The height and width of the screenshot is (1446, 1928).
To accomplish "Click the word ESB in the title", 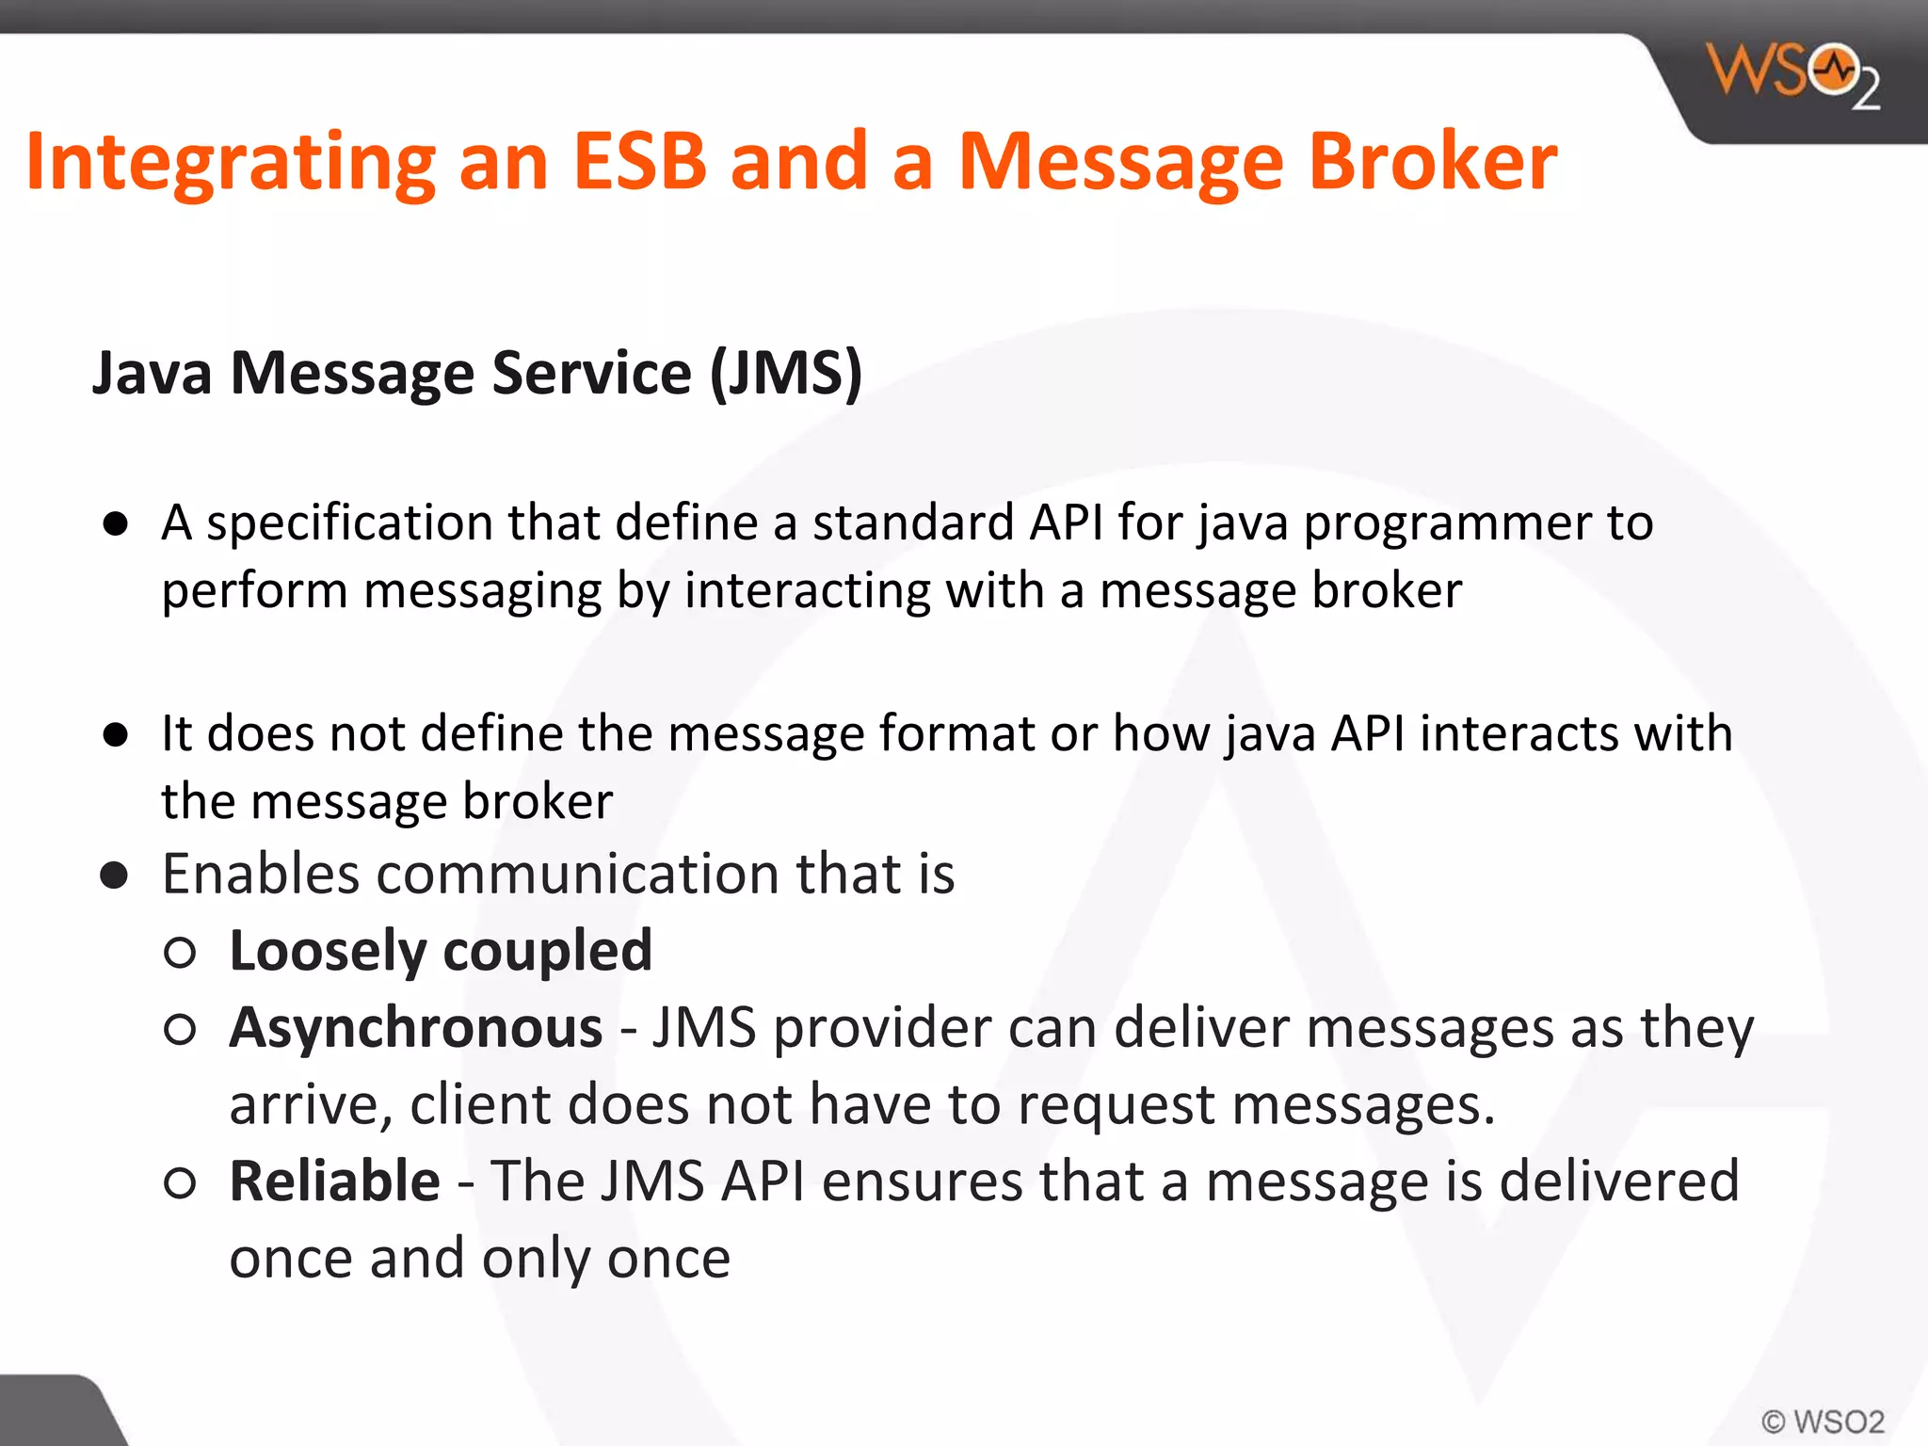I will [639, 162].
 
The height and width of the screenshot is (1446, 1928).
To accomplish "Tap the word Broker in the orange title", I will [1432, 162].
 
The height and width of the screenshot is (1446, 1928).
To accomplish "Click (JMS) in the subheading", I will [786, 375].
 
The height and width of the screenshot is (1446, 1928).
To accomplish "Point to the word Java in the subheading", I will [152, 373].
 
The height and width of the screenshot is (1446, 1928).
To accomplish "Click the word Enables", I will [260, 874].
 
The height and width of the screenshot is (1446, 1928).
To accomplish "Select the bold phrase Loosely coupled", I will [440, 951].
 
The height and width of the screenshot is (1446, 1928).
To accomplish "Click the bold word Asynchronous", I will [415, 1027].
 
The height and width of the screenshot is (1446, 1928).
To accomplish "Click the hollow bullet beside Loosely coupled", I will [179, 953].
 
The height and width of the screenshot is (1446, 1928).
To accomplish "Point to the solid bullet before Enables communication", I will [115, 876].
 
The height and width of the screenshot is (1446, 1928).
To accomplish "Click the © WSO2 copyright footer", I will [1823, 1421].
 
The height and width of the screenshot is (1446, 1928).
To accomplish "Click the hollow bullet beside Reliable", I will [179, 1182].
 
